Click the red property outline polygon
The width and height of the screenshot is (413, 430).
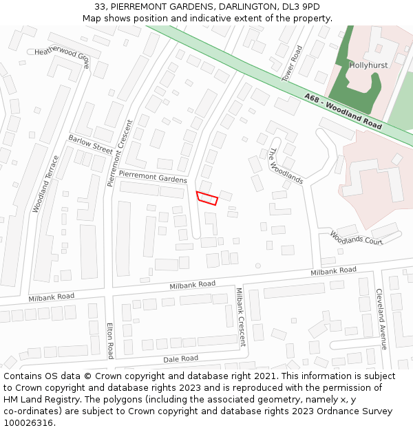[x=207, y=198]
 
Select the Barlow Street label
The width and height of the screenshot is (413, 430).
[x=90, y=144]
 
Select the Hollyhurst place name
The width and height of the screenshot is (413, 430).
[x=369, y=65]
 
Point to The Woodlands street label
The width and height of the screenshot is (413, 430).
[x=286, y=166]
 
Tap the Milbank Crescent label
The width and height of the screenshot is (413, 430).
[x=240, y=316]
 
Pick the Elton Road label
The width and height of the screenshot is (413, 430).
[x=110, y=341]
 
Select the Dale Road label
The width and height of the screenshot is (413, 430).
[x=180, y=358]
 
